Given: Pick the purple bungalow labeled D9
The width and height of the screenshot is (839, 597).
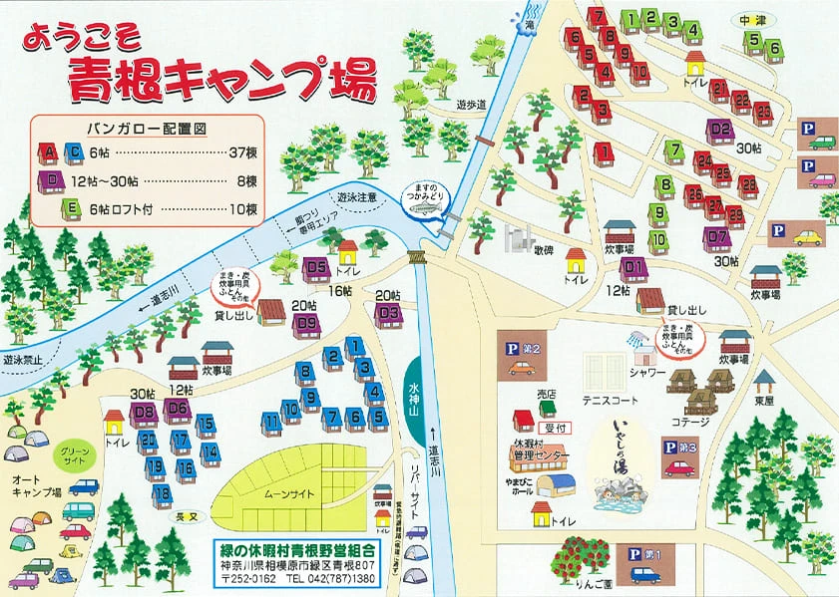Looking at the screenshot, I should coord(305,323).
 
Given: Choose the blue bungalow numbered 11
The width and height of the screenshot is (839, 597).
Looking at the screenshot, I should coord(272,423).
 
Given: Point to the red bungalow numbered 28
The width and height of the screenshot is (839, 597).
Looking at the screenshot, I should coord(735,215).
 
